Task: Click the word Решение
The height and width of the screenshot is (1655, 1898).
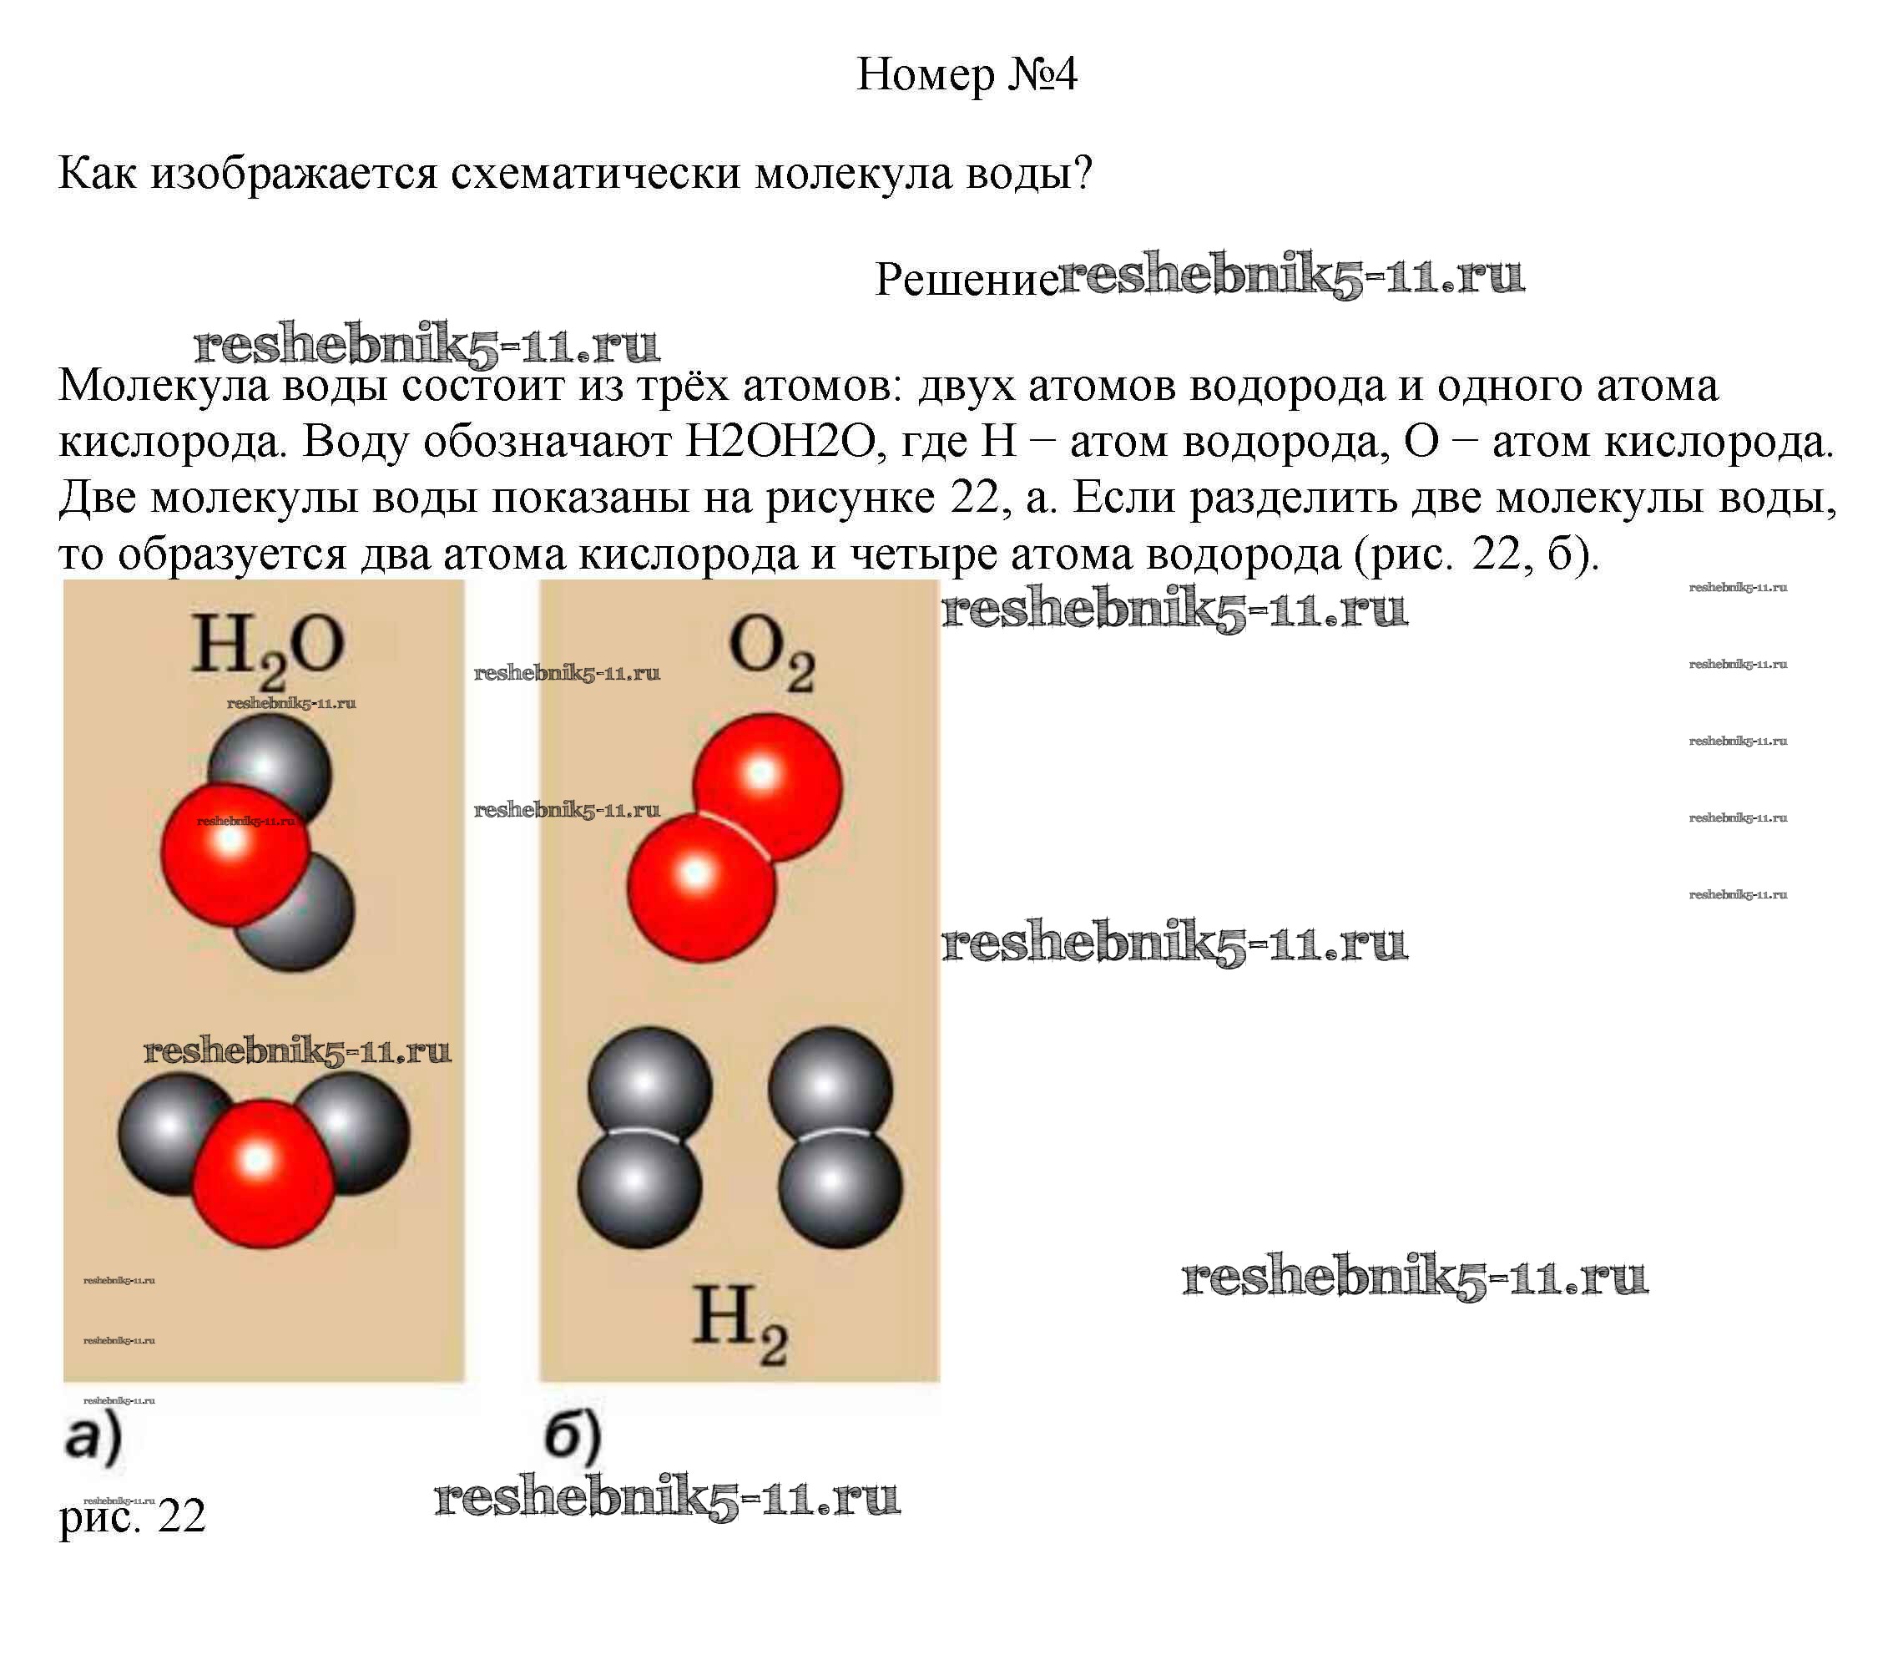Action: [x=966, y=279]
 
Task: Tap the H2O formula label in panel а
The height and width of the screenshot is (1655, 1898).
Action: [x=267, y=648]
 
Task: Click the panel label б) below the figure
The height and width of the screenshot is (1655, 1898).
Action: [x=573, y=1437]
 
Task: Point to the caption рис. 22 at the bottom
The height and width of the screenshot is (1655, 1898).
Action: [x=132, y=1515]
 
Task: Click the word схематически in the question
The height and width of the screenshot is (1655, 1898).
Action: [x=595, y=173]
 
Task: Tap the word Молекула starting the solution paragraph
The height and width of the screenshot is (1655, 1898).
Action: [x=163, y=386]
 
